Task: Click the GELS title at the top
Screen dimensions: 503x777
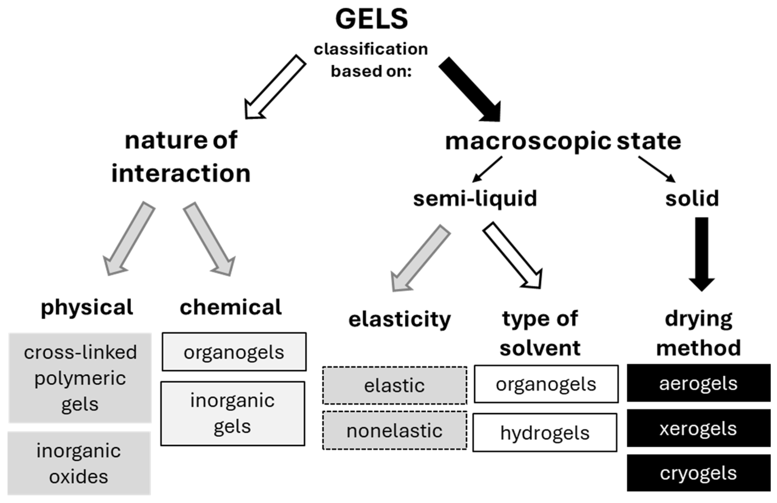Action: click(371, 20)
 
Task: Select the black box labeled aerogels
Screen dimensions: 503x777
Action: click(698, 383)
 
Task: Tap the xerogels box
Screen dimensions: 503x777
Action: click(698, 428)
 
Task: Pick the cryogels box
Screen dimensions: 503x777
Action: click(698, 473)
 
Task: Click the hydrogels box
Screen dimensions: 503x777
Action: click(545, 433)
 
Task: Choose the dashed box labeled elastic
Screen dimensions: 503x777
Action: click(394, 385)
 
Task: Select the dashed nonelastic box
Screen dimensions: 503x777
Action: click(394, 431)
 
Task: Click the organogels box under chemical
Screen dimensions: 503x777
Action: click(234, 352)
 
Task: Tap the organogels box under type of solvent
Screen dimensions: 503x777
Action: click(546, 384)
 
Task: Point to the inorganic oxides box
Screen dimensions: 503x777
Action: click(79, 463)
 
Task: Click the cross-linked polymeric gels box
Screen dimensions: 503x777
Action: click(80, 378)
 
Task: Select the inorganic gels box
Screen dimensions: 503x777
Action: click(233, 413)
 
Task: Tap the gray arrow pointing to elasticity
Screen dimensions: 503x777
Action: click(420, 258)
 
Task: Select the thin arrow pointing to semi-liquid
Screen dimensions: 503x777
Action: click(487, 169)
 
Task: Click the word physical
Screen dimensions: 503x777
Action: click(87, 307)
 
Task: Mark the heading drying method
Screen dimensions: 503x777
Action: click(698, 333)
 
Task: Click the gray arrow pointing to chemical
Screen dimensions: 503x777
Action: click(209, 239)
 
